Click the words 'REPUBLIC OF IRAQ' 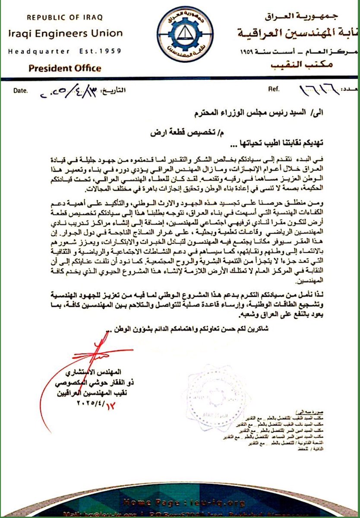point(65,18)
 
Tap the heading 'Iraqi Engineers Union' point(65,33)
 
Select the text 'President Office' point(65,68)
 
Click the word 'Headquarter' point(39,51)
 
